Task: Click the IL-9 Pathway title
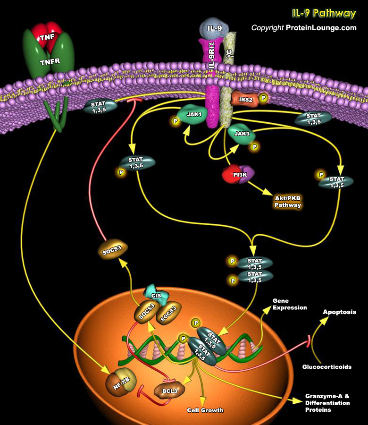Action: [323, 13]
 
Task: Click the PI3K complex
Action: [238, 174]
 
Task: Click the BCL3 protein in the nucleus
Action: [167, 391]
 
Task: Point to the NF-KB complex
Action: [120, 380]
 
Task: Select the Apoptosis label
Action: [339, 312]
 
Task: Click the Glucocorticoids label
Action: [327, 366]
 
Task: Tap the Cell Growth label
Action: [205, 410]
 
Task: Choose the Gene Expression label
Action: [289, 304]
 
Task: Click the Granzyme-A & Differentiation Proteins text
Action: [327, 403]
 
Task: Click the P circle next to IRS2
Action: [264, 98]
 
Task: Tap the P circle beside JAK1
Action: [176, 121]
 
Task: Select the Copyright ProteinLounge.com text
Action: [303, 28]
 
